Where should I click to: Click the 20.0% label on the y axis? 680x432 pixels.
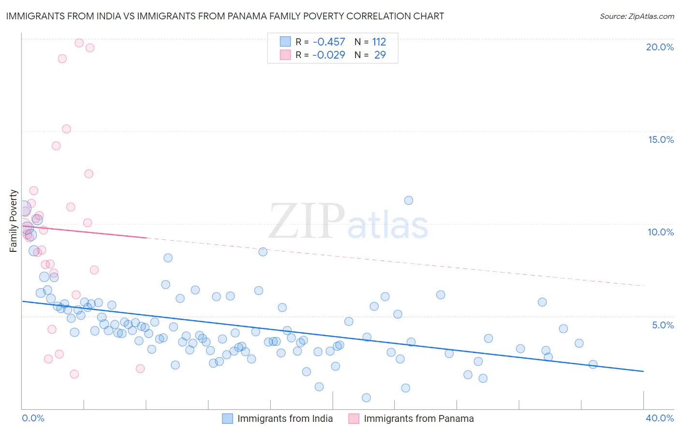click(660, 47)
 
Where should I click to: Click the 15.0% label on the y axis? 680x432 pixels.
click(661, 139)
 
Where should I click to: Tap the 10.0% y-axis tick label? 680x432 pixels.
click(661, 232)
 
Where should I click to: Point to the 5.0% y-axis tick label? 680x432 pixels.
click(663, 325)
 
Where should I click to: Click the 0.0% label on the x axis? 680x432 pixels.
click(33, 418)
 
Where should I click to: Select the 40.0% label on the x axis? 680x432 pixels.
click(660, 418)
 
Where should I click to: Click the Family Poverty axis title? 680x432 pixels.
click(14, 221)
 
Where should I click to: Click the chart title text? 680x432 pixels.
click(225, 16)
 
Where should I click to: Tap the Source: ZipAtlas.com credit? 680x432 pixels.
click(636, 16)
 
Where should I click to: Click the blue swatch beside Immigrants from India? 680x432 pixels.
click(227, 418)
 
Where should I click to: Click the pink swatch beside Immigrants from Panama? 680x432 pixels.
click(354, 418)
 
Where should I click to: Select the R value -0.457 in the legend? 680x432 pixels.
click(329, 42)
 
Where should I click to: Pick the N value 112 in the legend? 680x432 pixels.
click(379, 42)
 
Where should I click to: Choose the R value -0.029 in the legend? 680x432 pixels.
click(329, 55)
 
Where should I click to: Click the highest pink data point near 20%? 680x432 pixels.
click(79, 43)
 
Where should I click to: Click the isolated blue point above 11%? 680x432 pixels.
click(409, 201)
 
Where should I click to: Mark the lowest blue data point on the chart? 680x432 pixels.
click(366, 398)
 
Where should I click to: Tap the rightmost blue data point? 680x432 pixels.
click(593, 365)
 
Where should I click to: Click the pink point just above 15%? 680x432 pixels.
click(67, 129)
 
